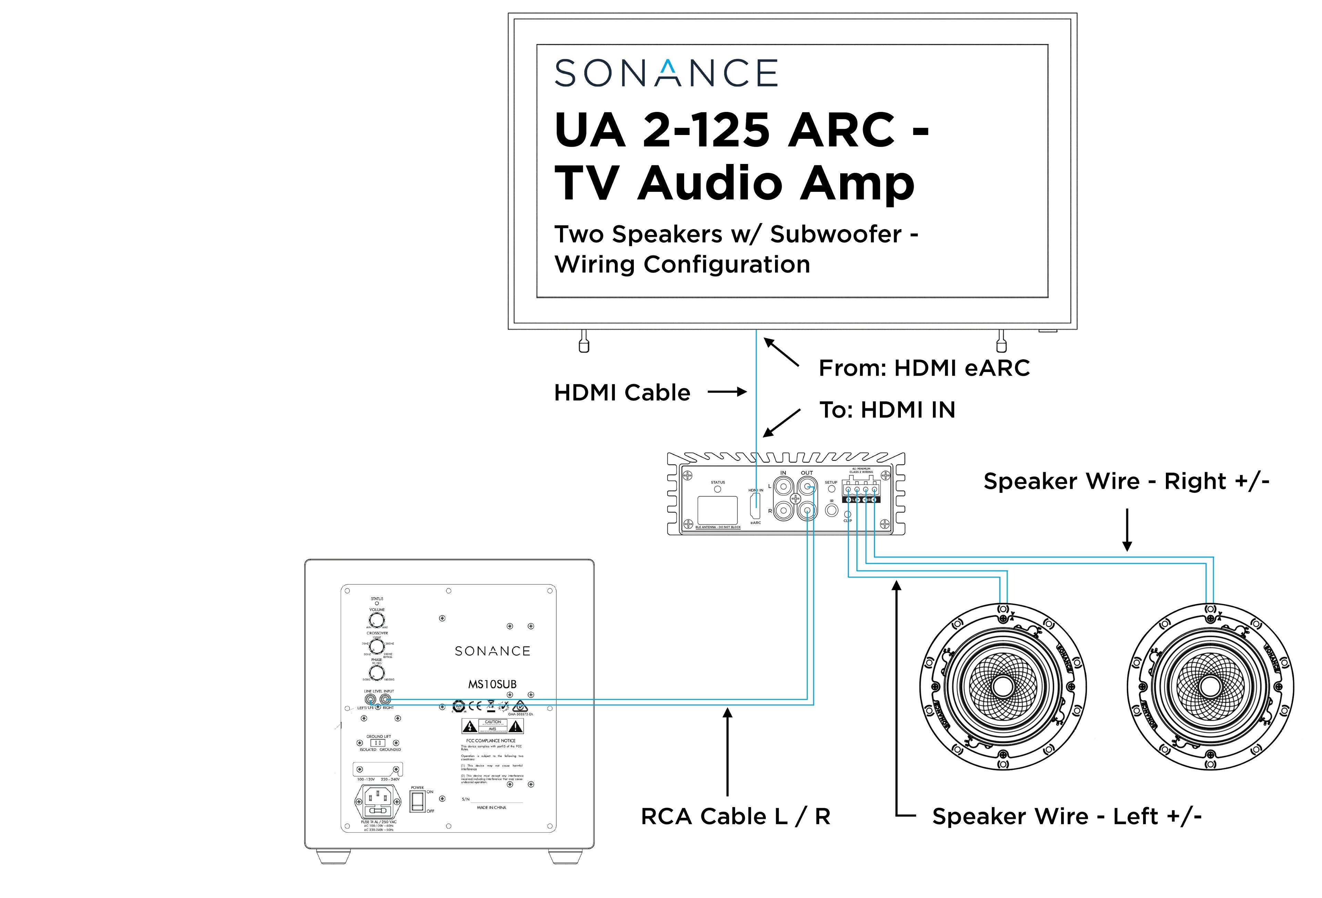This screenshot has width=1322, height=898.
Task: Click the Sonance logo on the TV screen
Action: pyautogui.click(x=665, y=73)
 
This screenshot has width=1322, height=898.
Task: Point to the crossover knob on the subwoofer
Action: pyautogui.click(x=377, y=647)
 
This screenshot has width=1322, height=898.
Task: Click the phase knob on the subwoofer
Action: pyautogui.click(x=377, y=672)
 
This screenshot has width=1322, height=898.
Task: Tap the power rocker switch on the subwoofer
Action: pyautogui.click(x=417, y=800)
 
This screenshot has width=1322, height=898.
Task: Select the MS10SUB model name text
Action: pyautogui.click(x=492, y=684)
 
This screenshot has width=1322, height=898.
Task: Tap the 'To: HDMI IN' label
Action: pyautogui.click(x=887, y=410)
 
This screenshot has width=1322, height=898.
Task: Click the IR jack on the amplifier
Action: pyautogui.click(x=831, y=510)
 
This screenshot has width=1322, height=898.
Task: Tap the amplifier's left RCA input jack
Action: pyautogui.click(x=783, y=486)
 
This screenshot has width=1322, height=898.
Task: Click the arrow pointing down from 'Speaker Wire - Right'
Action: pyautogui.click(x=1127, y=529)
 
